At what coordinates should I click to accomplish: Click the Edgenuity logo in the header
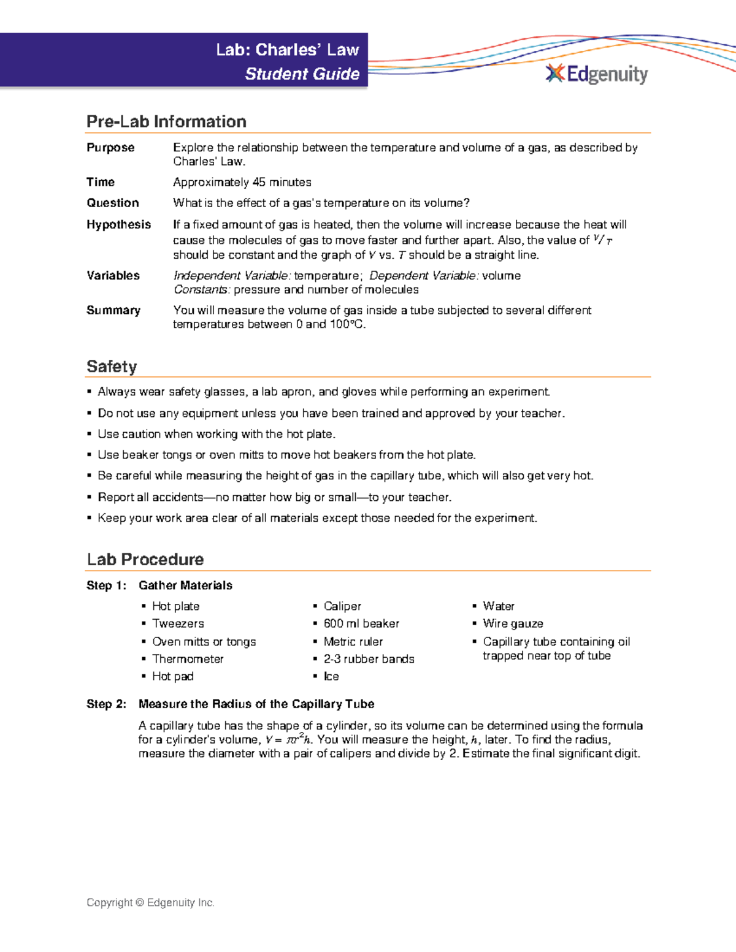pyautogui.click(x=597, y=74)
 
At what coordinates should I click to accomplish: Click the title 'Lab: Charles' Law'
pyautogui.click(x=287, y=50)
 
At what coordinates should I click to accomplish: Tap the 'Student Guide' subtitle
pyautogui.click(x=302, y=74)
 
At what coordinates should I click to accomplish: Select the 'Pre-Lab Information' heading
pyautogui.click(x=166, y=121)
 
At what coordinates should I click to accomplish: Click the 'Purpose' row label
pyautogui.click(x=110, y=148)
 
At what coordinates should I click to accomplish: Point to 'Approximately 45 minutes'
pyautogui.click(x=242, y=182)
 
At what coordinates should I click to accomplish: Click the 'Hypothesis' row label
pyautogui.click(x=118, y=224)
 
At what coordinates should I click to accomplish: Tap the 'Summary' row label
pyautogui.click(x=113, y=310)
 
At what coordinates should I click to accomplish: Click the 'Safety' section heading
pyautogui.click(x=112, y=367)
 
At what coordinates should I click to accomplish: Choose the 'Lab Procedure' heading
pyautogui.click(x=145, y=559)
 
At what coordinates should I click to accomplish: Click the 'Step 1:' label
pyautogui.click(x=106, y=585)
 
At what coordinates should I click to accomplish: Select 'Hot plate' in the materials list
pyautogui.click(x=175, y=606)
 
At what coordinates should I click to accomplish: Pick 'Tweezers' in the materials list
pyautogui.click(x=178, y=623)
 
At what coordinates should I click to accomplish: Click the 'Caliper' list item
pyautogui.click(x=342, y=606)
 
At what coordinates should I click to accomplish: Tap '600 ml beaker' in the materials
pyautogui.click(x=361, y=623)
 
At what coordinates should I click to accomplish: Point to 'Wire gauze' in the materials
pyautogui.click(x=513, y=623)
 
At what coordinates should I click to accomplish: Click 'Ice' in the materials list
pyautogui.click(x=331, y=676)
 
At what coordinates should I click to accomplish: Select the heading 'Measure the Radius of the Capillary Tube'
pyautogui.click(x=256, y=704)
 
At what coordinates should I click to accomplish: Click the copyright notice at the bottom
pyautogui.click(x=150, y=902)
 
